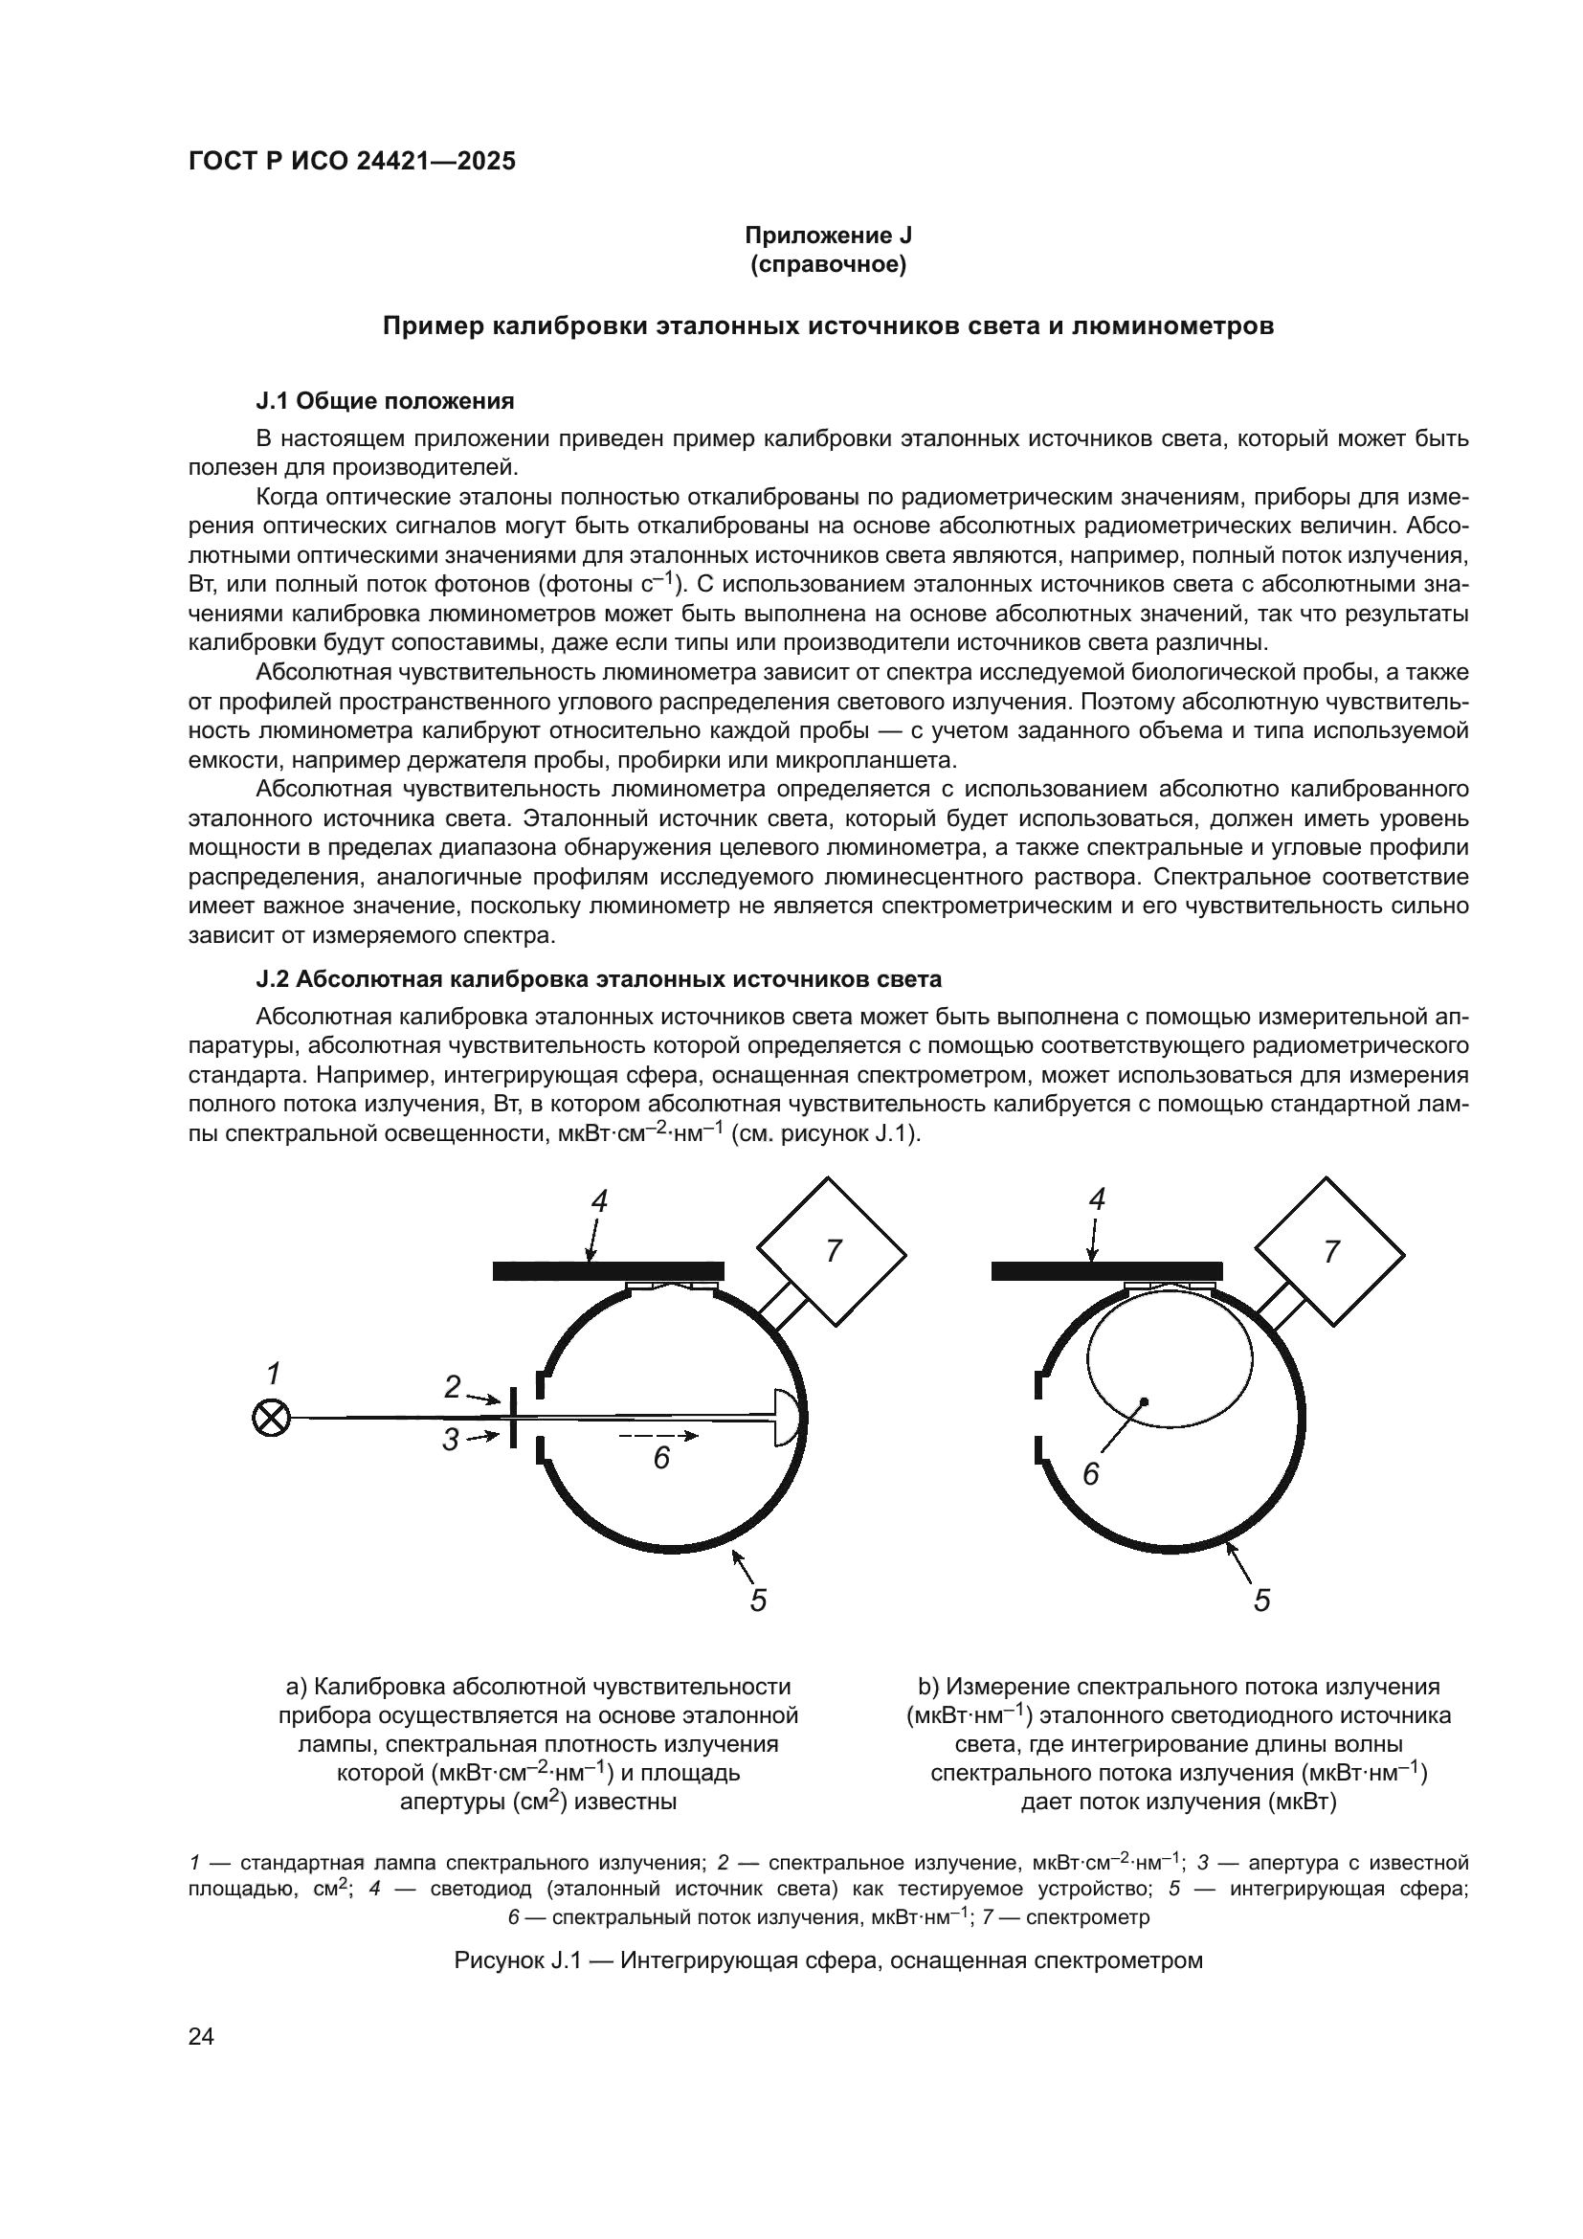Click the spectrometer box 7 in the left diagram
(x=833, y=1251)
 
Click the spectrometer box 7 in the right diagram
(x=1329, y=1251)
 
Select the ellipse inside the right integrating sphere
(x=1170, y=1356)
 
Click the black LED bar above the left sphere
(x=609, y=1270)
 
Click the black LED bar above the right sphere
(x=1106, y=1270)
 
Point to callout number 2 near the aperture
(x=453, y=1387)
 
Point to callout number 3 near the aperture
(x=451, y=1440)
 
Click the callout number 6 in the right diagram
(x=1091, y=1473)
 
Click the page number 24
(x=201, y=2036)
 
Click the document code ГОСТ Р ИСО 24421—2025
(x=352, y=161)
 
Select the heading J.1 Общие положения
(x=384, y=401)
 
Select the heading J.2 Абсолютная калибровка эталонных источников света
(x=598, y=978)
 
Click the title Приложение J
(x=828, y=235)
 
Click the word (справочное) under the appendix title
(x=828, y=264)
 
